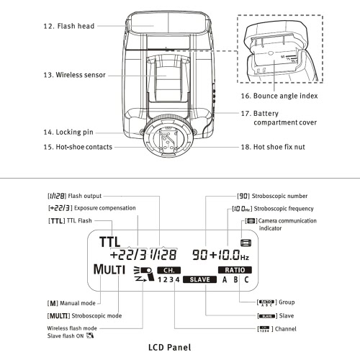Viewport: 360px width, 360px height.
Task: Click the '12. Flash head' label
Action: pyautogui.click(x=69, y=26)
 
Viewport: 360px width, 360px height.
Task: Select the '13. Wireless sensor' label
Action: pyautogui.click(x=74, y=75)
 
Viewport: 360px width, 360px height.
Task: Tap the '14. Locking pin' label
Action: pyautogui.click(x=68, y=132)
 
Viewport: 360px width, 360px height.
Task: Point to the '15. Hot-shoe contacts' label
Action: pyautogui.click(x=78, y=147)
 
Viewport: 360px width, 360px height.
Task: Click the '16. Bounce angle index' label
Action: pyautogui.click(x=279, y=96)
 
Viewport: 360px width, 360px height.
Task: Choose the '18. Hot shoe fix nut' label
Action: pyautogui.click(x=273, y=147)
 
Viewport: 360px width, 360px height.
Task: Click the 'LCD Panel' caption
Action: pyautogui.click(x=170, y=347)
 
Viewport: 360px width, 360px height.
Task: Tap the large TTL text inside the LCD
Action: pyautogui.click(x=109, y=242)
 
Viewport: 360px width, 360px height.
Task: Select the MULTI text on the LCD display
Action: pyautogui.click(x=109, y=269)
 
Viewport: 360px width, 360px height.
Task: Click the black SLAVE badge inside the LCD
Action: pyautogui.click(x=199, y=279)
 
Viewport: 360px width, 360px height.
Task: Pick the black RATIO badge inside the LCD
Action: pyautogui.click(x=235, y=270)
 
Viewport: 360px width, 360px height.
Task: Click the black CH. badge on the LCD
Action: pyautogui.click(x=169, y=270)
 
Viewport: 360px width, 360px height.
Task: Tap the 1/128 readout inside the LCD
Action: pyautogui.click(x=163, y=255)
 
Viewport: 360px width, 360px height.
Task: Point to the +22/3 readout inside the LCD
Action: pyautogui.click(x=128, y=255)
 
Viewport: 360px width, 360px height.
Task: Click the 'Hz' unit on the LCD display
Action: pyautogui.click(x=245, y=258)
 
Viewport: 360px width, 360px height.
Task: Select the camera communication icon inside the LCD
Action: pyautogui.click(x=246, y=243)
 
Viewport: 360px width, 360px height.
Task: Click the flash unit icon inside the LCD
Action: pyautogui.click(x=144, y=274)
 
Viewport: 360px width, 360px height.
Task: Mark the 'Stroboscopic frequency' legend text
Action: pyautogui.click(x=284, y=209)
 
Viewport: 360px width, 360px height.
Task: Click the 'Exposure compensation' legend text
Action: pyautogui.click(x=105, y=208)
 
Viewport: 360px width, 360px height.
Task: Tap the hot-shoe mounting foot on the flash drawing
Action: pyautogui.click(x=168, y=139)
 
